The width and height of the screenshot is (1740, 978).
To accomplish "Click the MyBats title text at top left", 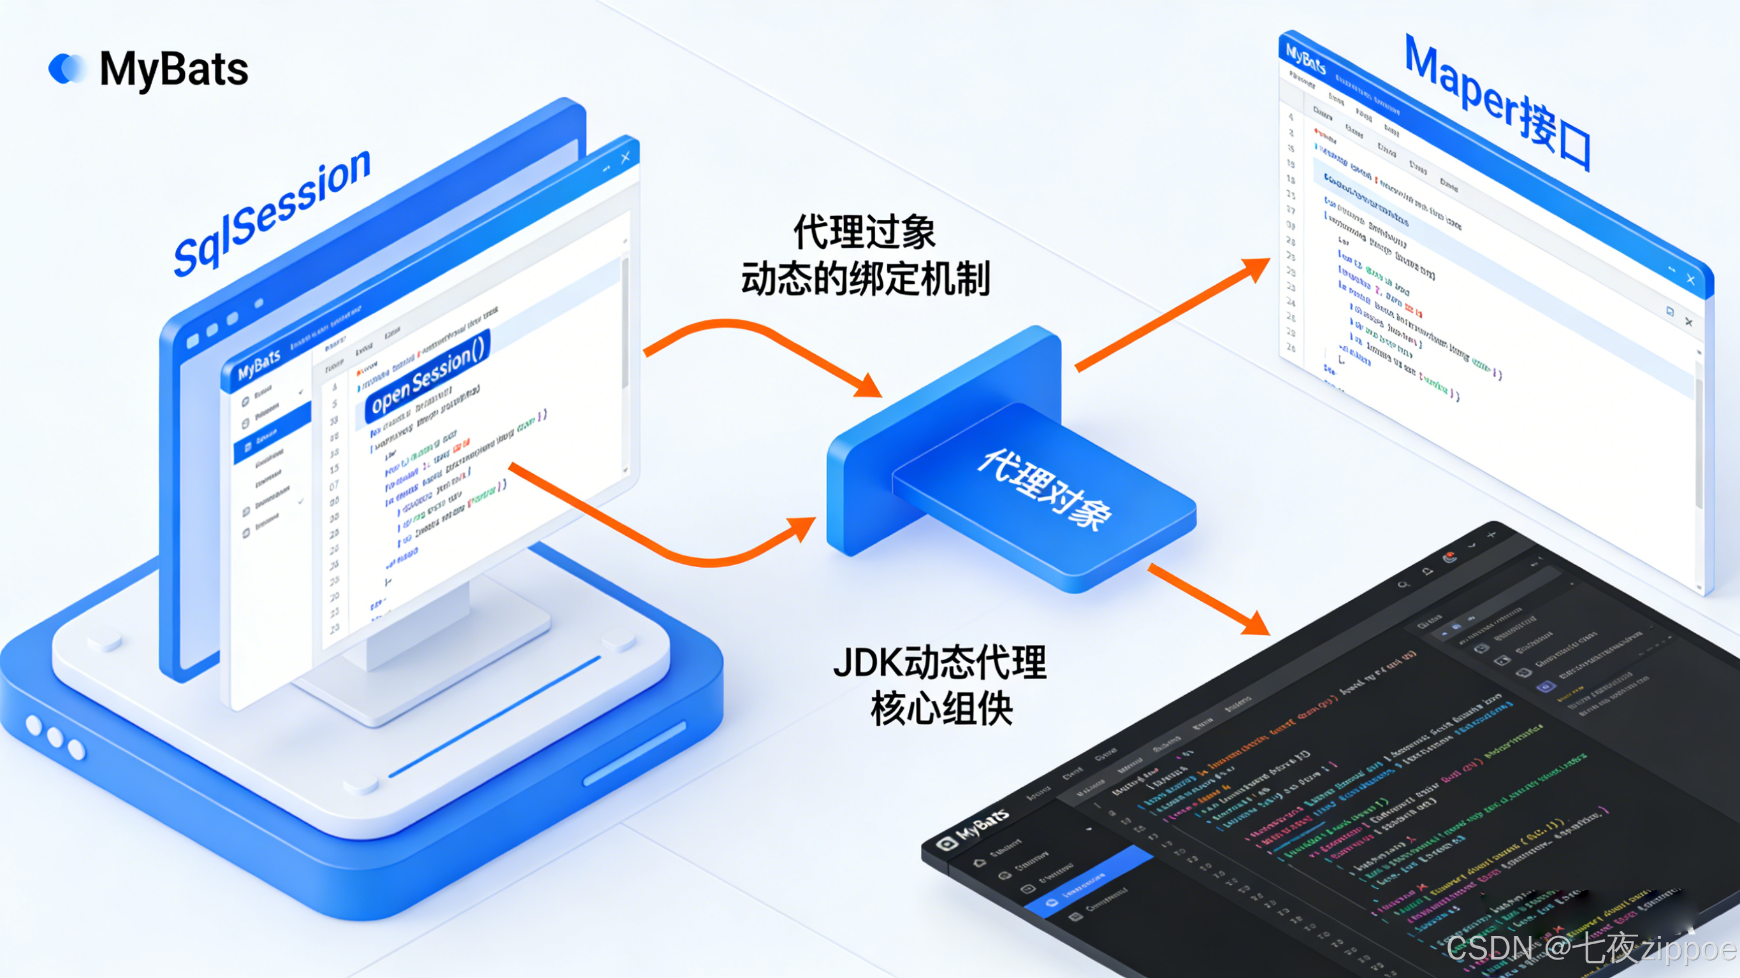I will (173, 69).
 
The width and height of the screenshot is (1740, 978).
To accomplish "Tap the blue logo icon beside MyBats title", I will (67, 68).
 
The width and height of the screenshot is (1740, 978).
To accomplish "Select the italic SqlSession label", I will (272, 213).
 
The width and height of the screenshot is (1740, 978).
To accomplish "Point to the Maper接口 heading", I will (1497, 101).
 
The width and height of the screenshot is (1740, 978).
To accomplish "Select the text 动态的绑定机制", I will (866, 278).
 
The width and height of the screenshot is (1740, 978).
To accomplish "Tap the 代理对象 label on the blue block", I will (1044, 487).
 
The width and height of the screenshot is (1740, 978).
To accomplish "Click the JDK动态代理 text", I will (939, 663).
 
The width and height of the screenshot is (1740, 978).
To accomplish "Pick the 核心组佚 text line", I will (941, 708).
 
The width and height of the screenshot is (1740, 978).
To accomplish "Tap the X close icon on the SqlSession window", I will (625, 157).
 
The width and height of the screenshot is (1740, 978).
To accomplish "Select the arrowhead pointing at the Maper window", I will (1256, 267).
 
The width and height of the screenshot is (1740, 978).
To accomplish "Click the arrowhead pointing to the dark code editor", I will (1257, 623).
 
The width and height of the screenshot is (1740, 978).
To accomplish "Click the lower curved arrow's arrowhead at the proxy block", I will (803, 526).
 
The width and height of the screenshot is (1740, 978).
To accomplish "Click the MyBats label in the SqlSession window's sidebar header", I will (259, 364).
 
